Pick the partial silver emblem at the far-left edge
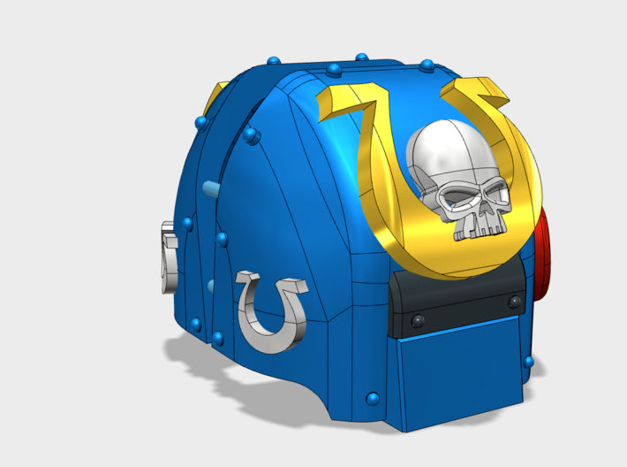tap(169, 256)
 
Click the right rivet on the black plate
tap(515, 302)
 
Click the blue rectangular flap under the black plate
tap(458, 371)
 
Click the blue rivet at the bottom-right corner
tap(528, 362)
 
